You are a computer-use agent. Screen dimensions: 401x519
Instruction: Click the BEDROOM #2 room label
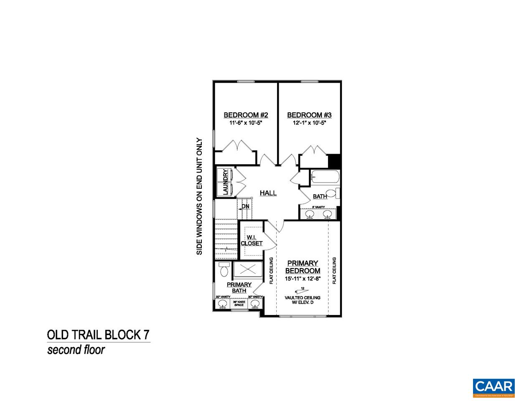[245, 115]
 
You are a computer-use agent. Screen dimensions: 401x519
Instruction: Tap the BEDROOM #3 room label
[309, 115]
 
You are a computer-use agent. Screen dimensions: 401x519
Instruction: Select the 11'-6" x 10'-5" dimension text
[245, 123]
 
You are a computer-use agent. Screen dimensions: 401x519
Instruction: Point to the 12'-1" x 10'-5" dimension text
[309, 123]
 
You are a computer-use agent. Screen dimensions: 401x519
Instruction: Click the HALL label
[268, 193]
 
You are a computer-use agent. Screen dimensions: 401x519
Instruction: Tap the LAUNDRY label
[226, 182]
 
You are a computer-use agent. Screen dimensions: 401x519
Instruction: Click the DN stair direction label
[245, 206]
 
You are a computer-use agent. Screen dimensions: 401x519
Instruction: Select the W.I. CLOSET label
[251, 240]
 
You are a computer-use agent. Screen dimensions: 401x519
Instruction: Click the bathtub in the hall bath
[325, 178]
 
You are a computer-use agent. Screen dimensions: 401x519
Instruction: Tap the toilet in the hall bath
[333, 193]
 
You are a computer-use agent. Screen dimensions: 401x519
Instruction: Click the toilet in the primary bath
[223, 270]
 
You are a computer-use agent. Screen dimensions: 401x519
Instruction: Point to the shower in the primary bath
[248, 269]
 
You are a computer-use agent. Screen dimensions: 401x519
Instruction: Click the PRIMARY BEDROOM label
[303, 267]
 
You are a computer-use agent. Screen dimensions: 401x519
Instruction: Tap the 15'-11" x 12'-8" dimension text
[303, 279]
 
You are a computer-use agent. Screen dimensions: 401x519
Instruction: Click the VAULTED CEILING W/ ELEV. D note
[303, 299]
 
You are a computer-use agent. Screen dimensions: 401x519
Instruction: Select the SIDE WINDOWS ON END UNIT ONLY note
[199, 197]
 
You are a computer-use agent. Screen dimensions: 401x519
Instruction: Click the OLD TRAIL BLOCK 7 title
[98, 335]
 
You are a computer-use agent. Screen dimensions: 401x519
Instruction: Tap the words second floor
[76, 350]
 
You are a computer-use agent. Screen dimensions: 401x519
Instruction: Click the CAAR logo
[493, 386]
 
